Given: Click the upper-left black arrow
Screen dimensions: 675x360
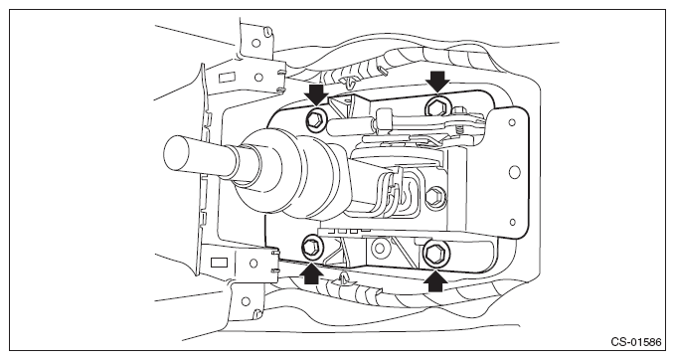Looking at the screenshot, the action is pyautogui.click(x=316, y=94).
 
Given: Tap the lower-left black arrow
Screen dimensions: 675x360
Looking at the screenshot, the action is pyautogui.click(x=311, y=273).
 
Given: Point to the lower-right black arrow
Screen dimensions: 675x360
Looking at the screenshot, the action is pyautogui.click(x=434, y=279).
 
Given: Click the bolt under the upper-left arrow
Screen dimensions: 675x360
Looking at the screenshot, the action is pyautogui.click(x=315, y=117).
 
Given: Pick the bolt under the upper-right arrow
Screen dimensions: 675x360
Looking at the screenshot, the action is pyautogui.click(x=438, y=106).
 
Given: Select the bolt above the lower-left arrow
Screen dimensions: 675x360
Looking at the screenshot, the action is pyautogui.click(x=311, y=248).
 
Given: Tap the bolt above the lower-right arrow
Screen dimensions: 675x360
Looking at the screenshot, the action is pyautogui.click(x=435, y=254).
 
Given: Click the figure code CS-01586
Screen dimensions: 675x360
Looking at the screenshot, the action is pyautogui.click(x=636, y=342).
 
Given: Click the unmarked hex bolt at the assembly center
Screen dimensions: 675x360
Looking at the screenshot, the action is pyautogui.click(x=435, y=196).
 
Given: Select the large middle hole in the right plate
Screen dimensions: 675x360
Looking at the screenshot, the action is pyautogui.click(x=514, y=172).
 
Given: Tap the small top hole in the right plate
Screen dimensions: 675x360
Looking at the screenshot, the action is pyautogui.click(x=512, y=122).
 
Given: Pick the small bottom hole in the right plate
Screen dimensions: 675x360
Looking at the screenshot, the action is pyautogui.click(x=512, y=222).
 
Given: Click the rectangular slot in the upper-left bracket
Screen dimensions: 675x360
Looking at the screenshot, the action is pyautogui.click(x=227, y=78).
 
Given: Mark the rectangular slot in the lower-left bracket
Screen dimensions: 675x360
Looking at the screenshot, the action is pyautogui.click(x=220, y=263).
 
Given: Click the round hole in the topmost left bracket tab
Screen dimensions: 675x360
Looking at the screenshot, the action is pyautogui.click(x=255, y=43).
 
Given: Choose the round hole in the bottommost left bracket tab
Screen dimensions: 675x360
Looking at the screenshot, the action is pyautogui.click(x=246, y=301).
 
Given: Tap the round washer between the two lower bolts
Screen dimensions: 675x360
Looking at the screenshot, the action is pyautogui.click(x=380, y=248).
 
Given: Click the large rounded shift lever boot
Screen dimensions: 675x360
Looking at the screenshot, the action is pyautogui.click(x=292, y=172).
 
